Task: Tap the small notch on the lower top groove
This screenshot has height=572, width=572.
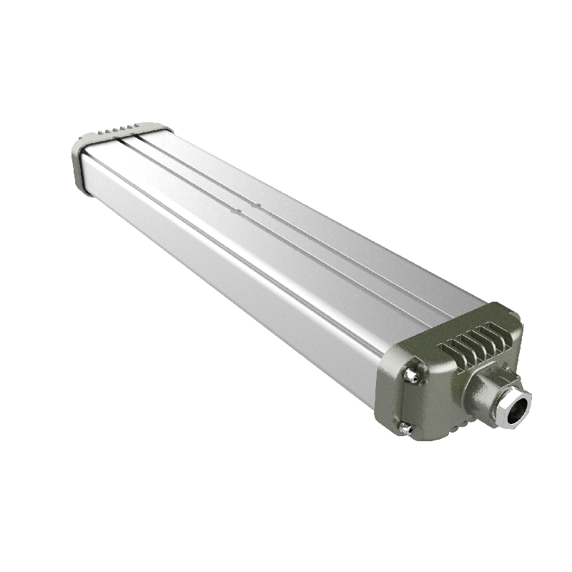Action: (236, 212)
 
